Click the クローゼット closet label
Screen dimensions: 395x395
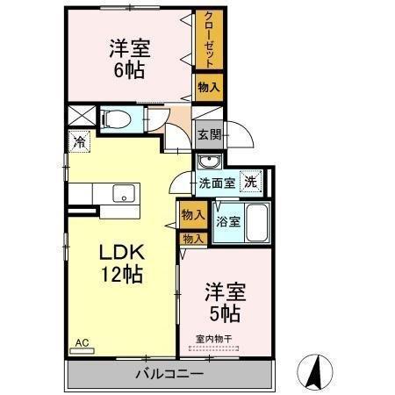pos(209,39)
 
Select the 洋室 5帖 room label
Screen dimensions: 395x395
pos(224,299)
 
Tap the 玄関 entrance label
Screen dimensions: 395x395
pos(209,135)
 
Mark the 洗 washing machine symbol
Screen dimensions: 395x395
pos(251,182)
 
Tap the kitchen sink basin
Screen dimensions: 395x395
pos(122,194)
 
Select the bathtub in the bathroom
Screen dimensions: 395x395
pos(256,223)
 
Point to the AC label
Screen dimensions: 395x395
pos(82,343)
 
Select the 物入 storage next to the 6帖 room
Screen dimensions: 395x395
pos(209,86)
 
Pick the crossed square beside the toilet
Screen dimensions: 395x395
pos(80,117)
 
